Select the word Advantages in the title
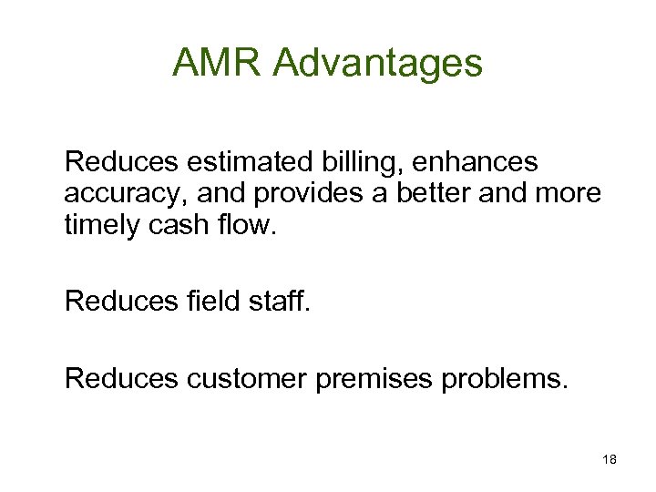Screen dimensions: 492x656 click(x=377, y=63)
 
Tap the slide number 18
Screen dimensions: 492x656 click(x=610, y=460)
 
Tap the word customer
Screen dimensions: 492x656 click(x=249, y=376)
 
